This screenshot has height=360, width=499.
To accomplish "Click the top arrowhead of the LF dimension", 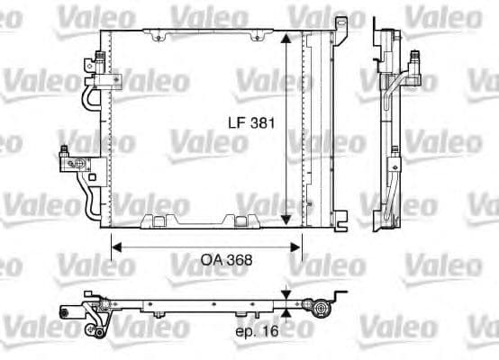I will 286,40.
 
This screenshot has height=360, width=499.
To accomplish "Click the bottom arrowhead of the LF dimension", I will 286,220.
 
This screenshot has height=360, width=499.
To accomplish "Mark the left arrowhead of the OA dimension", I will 115,245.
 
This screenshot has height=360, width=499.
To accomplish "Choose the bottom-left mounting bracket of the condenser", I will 157,220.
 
